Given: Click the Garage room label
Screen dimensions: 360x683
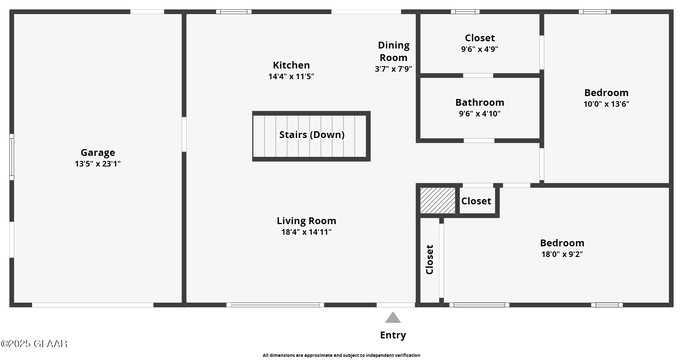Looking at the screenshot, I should (x=98, y=152).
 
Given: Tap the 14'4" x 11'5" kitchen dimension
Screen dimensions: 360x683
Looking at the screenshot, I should (x=291, y=76).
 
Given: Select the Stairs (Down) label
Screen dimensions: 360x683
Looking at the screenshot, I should (x=312, y=135).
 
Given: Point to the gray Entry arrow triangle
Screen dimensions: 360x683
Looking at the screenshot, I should (x=393, y=318).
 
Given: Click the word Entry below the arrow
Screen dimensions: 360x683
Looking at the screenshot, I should (x=393, y=335).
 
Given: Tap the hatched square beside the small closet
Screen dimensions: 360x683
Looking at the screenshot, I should (x=438, y=201).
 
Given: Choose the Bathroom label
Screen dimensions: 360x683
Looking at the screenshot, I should (x=480, y=102).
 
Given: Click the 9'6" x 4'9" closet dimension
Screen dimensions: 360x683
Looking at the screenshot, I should (x=480, y=49).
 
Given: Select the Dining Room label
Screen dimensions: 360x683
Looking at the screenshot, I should (x=393, y=51).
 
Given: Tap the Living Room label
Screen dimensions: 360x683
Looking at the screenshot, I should (x=306, y=221).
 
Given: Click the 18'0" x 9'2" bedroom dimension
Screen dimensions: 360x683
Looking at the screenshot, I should (x=562, y=254).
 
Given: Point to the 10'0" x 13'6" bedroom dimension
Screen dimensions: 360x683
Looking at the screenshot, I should (x=606, y=104).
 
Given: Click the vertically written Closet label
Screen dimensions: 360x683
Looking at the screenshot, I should (x=429, y=260).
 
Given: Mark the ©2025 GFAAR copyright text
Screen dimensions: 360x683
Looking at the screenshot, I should (x=34, y=344).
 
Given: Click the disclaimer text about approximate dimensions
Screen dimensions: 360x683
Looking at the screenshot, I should (x=341, y=355).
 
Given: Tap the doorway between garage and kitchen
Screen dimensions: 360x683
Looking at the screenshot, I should (x=184, y=134).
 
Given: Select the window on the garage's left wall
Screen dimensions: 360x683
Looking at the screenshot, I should (x=12, y=157).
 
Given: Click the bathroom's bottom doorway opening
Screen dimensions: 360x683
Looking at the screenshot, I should (x=479, y=141).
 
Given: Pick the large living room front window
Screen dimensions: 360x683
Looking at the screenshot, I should (x=275, y=305).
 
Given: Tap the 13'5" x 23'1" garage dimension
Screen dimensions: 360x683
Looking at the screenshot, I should (x=98, y=164).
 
